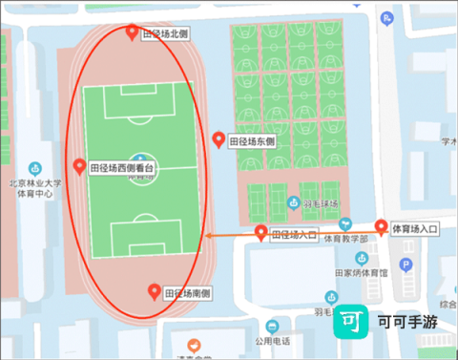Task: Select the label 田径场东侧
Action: (252, 142)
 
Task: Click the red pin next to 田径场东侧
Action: (219, 139)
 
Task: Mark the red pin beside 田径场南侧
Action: (155, 290)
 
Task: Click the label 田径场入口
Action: (294, 234)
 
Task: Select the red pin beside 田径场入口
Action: (261, 231)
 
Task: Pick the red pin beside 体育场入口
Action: (382, 227)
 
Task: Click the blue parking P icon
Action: (405, 265)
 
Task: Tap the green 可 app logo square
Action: (353, 323)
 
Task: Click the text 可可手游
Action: (407, 323)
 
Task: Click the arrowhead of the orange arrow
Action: (210, 235)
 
